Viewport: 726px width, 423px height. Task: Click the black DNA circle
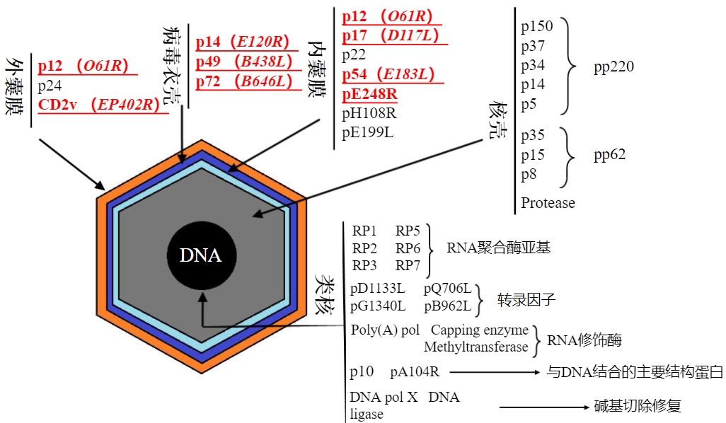(201, 255)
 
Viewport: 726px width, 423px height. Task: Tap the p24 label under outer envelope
(50, 86)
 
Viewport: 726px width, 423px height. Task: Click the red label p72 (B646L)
(244, 81)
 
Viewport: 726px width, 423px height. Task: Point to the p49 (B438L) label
(244, 62)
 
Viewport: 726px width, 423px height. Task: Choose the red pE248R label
(369, 94)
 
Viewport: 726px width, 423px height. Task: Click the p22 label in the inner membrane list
(355, 55)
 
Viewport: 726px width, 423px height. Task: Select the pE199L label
(368, 132)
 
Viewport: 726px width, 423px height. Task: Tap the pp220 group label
(613, 67)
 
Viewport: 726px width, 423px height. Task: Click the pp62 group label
(609, 155)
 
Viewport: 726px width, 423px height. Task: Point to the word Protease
(548, 203)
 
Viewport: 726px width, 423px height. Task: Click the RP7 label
(408, 265)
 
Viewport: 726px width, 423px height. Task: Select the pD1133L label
(378, 289)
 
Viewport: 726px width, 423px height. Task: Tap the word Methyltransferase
(476, 347)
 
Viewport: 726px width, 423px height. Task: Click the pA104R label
(414, 371)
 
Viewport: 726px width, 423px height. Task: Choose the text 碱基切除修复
(637, 406)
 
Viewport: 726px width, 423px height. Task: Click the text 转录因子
(526, 299)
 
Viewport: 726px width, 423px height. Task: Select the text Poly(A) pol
(385, 330)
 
